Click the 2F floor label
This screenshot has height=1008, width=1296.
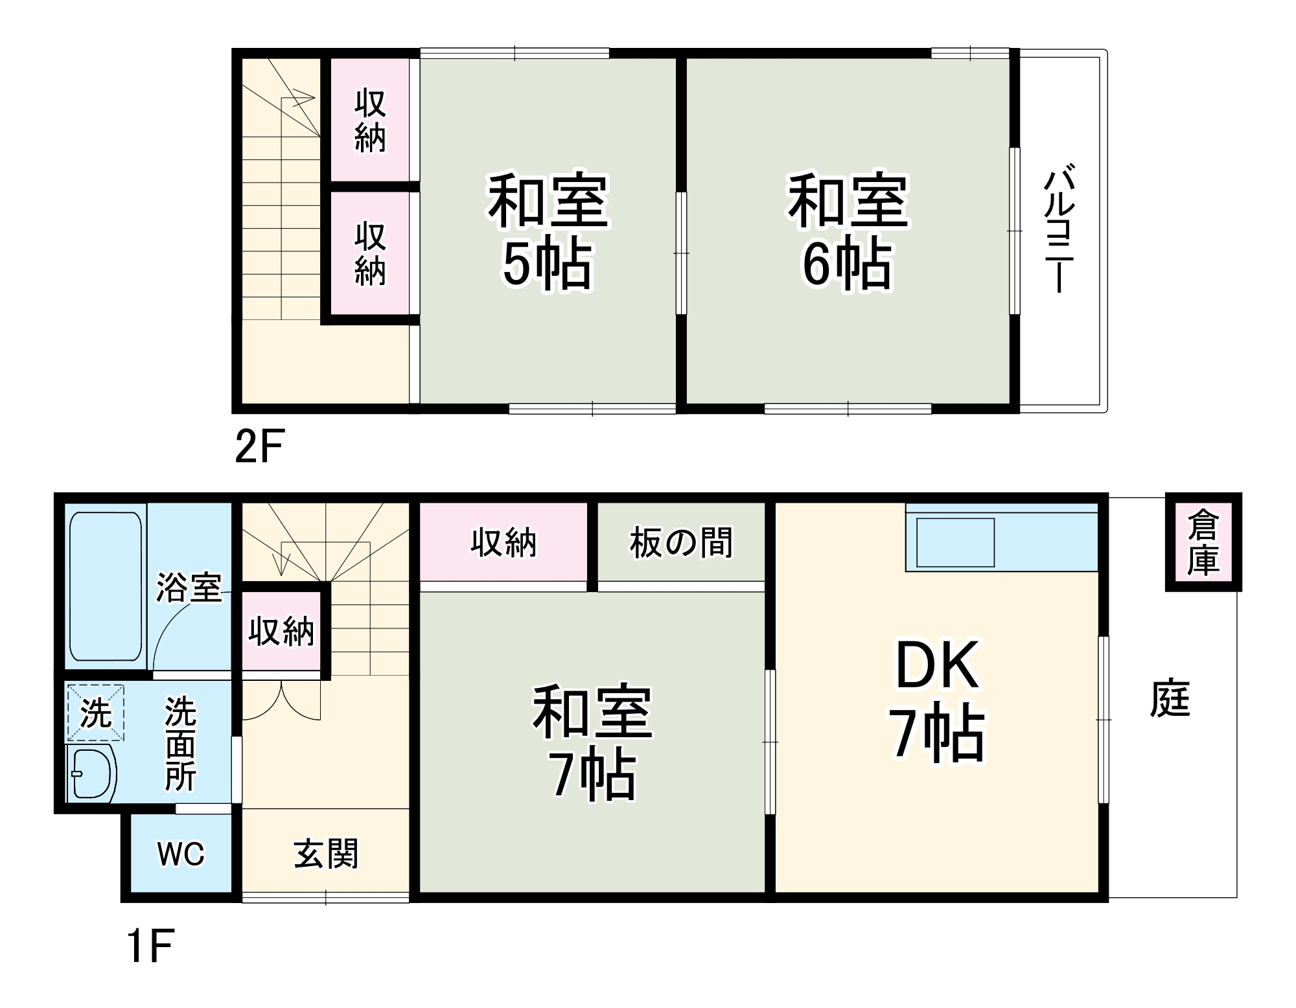259,446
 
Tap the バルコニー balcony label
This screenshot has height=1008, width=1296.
1059,230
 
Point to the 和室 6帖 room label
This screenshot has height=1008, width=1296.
848,230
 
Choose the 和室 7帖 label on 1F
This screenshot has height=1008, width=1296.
592,742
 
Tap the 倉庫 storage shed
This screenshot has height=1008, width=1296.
1203,543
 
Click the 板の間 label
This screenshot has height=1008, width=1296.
680,543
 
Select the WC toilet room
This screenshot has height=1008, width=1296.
181,854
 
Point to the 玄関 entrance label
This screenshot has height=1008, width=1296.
325,854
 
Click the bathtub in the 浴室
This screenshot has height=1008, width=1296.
106,586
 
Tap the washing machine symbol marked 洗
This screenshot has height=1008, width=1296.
95,713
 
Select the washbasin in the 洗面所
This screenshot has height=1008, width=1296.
91,774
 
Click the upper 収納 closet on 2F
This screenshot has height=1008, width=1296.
370,121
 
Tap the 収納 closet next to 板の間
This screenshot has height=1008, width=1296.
503,543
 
